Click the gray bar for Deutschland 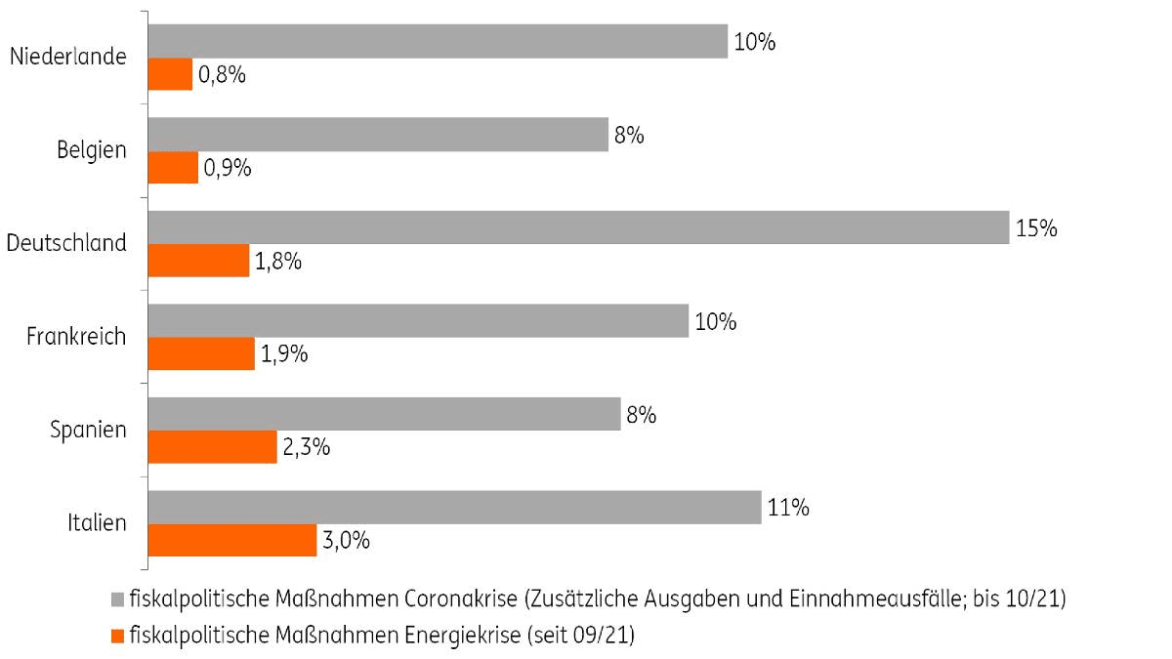click(x=578, y=227)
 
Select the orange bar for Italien click(x=232, y=540)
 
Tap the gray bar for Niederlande click(x=438, y=41)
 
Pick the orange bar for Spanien click(x=212, y=447)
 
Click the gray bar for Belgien click(x=378, y=135)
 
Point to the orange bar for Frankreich click(x=201, y=353)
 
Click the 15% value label click(x=1036, y=228)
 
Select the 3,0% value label click(x=346, y=541)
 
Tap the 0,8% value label click(x=221, y=74)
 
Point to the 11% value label click(x=788, y=508)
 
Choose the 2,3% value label click(x=306, y=448)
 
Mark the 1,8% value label click(x=278, y=261)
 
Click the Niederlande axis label click(x=67, y=56)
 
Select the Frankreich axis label click(x=76, y=337)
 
